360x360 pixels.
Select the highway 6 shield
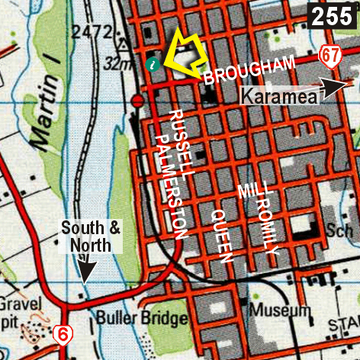[x=64, y=333]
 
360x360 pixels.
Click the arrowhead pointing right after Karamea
[x=333, y=88]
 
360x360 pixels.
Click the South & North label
[x=91, y=236]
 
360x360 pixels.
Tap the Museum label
[x=283, y=311]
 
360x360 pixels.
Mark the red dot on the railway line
[x=137, y=100]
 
